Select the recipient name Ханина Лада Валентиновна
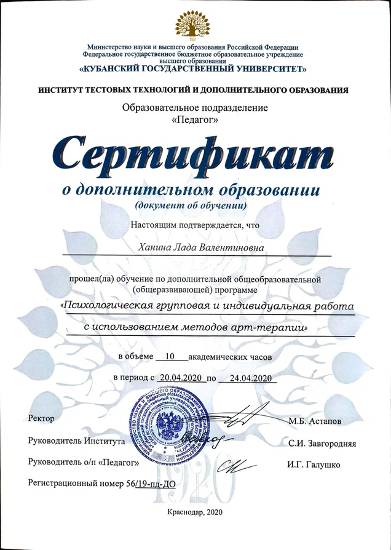(x=195, y=247)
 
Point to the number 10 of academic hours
(x=171, y=356)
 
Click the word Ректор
(x=42, y=419)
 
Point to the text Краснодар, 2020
(x=194, y=512)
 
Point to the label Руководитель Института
(x=77, y=440)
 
